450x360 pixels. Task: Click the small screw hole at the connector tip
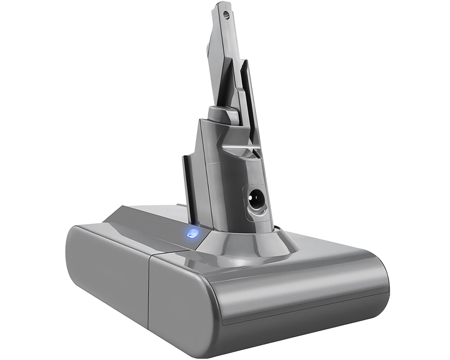[226, 14]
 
